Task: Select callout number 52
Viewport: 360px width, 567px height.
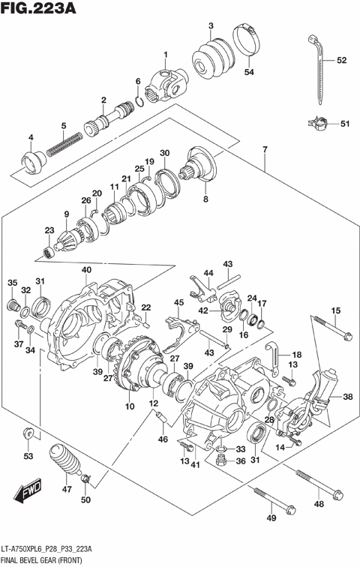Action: coord(341,60)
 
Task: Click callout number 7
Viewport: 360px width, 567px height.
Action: coord(264,151)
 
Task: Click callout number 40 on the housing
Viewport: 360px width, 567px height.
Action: coord(86,270)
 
